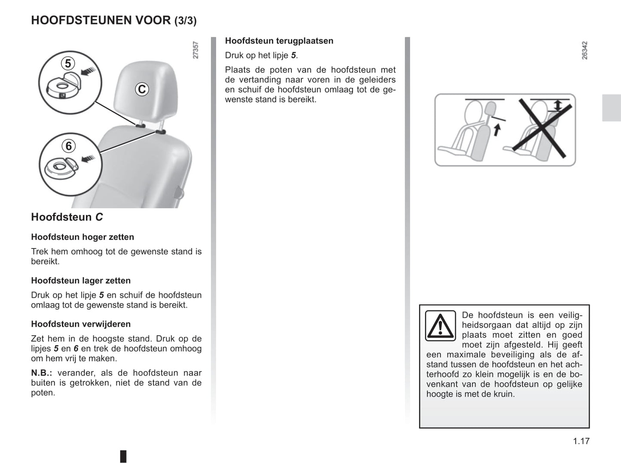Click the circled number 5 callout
coord(67,64)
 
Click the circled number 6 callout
coord(68,146)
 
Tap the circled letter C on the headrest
coord(142,89)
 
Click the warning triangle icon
coord(440,326)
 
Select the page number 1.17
coord(581,441)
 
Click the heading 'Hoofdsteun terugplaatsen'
coord(279,41)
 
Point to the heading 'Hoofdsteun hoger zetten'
coord(83,237)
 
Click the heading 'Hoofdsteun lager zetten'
coord(81,281)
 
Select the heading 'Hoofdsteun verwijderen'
coord(81,324)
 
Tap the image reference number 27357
coord(196,50)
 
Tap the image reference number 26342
coord(584,50)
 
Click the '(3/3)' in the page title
coord(185,21)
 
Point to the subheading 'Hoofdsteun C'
coord(67,217)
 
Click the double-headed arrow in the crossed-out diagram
coord(557,105)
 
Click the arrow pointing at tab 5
coord(89,71)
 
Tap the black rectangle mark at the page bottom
coord(123,456)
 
